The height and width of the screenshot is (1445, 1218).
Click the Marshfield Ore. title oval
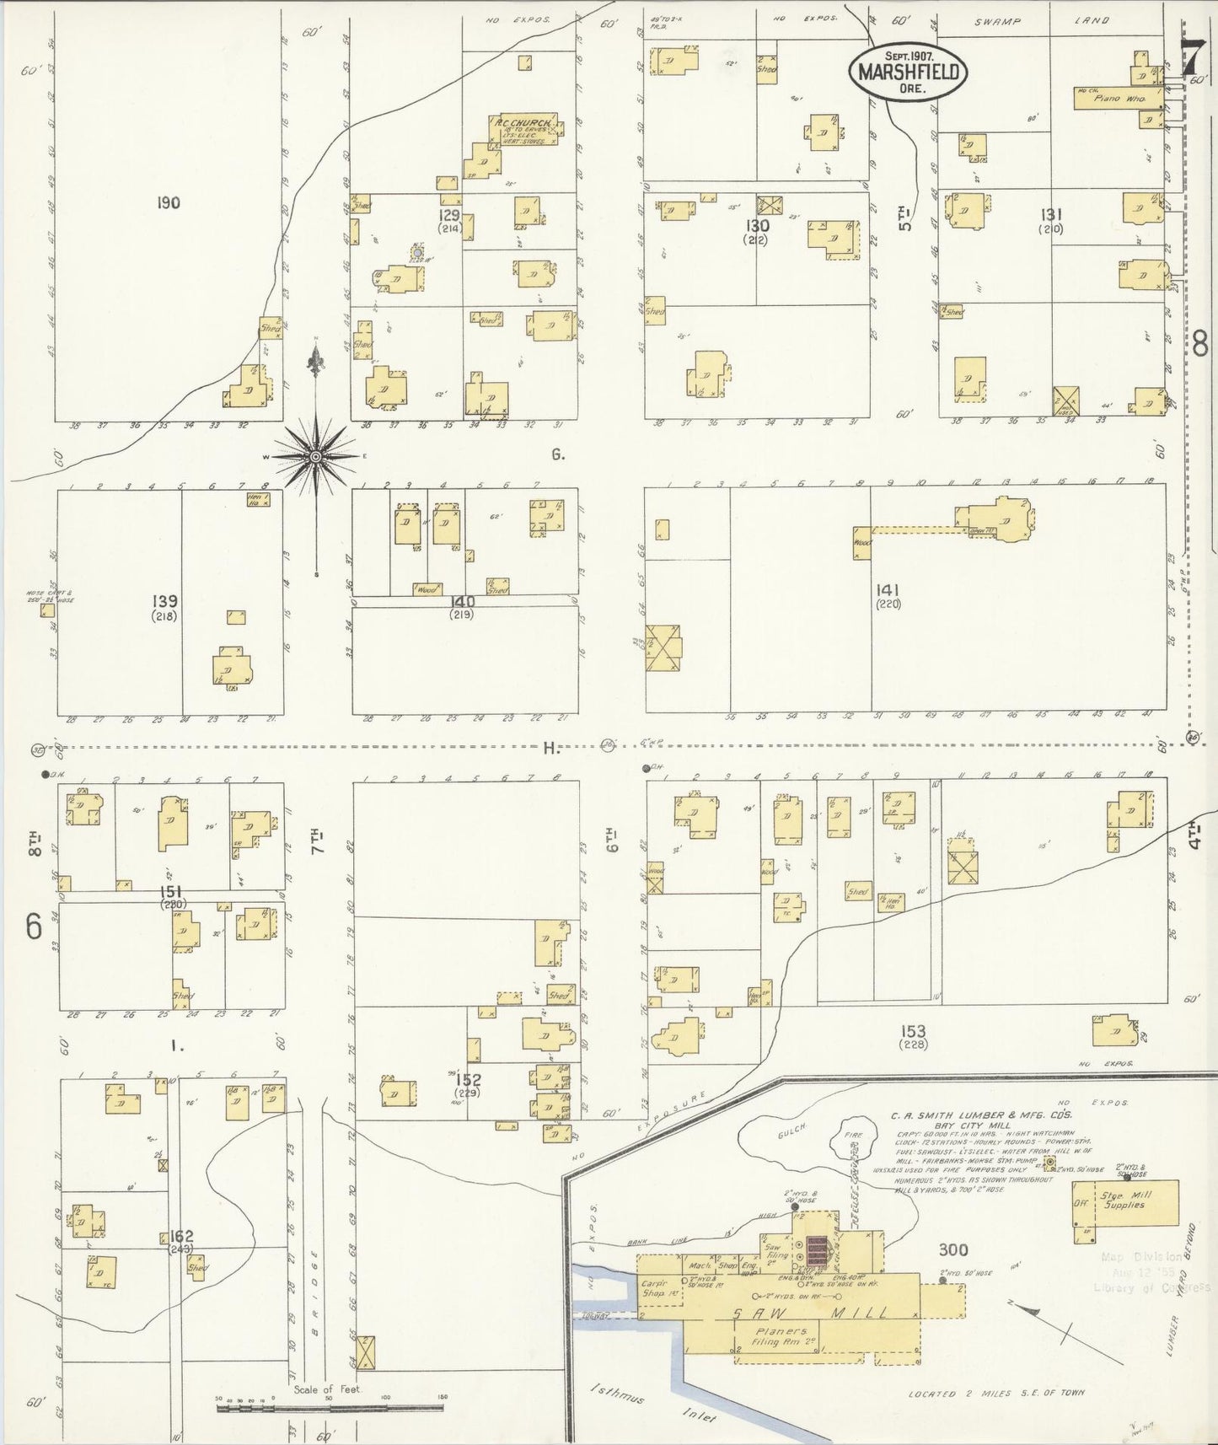pos(907,72)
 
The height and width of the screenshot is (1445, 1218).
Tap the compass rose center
pos(315,457)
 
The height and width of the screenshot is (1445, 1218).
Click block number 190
pos(169,202)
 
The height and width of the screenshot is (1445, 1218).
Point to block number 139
pos(164,601)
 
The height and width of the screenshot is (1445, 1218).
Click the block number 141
pos(888,590)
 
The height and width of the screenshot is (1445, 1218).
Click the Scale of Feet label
pos(328,1389)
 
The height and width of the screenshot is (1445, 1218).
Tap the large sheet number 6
pos(33,927)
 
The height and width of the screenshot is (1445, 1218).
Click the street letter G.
pos(557,455)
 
